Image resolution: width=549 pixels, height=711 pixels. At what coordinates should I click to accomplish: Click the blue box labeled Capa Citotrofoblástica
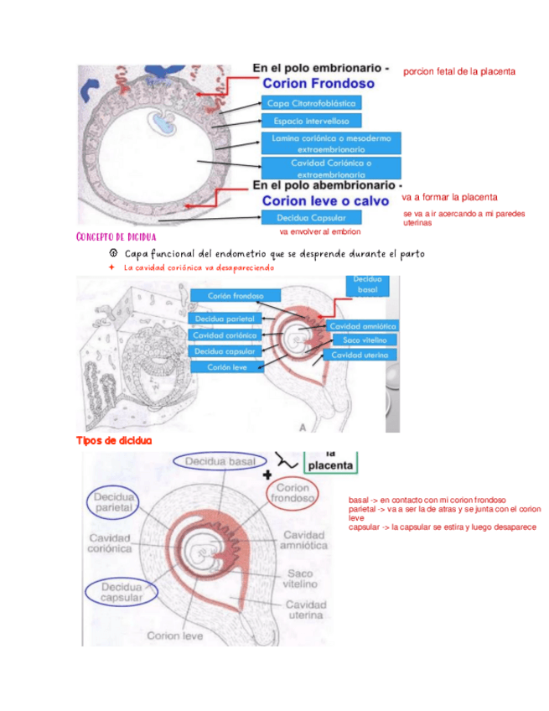coord(311,103)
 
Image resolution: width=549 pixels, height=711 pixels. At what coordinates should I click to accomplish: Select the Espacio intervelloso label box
coord(311,122)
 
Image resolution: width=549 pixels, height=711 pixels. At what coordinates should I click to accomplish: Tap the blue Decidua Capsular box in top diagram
coord(311,217)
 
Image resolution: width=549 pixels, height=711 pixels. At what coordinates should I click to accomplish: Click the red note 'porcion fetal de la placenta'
coord(458,71)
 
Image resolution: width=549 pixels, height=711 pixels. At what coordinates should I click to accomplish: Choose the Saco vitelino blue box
coord(365,340)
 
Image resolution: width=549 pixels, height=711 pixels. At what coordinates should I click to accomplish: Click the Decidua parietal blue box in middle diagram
coord(224,319)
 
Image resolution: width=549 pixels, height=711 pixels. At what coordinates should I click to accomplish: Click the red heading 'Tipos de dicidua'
coord(114,441)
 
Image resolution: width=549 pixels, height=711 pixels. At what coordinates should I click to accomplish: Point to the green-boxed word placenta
coord(330,464)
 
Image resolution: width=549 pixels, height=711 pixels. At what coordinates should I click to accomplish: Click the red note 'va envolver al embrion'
coord(319,231)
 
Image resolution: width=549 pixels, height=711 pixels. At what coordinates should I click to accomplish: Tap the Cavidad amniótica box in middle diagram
coord(363,326)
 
